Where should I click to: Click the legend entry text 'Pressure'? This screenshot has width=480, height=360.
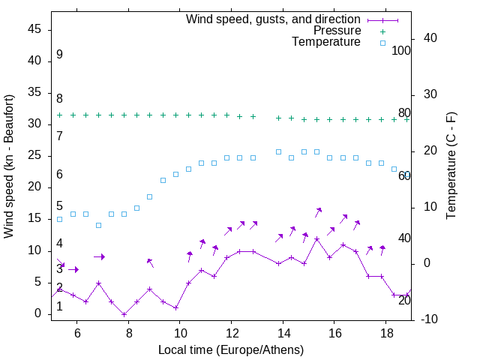coord(337,31)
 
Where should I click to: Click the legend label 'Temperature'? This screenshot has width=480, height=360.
coord(326,43)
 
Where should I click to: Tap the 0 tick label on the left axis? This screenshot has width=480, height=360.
coord(40,314)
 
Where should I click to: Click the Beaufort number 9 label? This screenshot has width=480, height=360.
coord(59,55)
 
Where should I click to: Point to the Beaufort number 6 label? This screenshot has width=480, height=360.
coord(59,175)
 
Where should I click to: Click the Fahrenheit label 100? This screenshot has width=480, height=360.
coord(401,51)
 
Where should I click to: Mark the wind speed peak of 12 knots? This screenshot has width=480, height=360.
coord(317,238)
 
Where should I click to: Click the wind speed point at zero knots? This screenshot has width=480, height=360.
coord(124,314)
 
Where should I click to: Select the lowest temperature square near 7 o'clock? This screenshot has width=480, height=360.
coord(98,225)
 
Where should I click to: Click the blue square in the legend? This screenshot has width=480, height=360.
coord(382,43)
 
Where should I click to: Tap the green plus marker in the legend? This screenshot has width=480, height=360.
coord(382,31)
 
